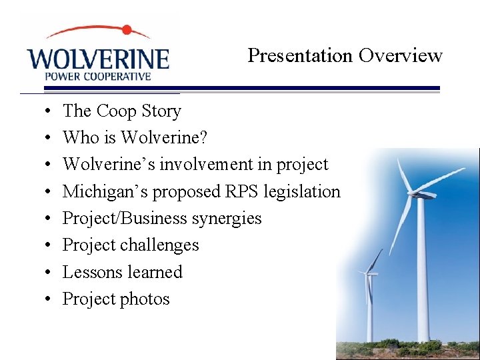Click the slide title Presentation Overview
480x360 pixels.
pos(345,55)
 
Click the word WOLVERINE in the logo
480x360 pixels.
pos(98,58)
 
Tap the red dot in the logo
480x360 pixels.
pos(127,30)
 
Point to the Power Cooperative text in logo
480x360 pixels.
pos(97,76)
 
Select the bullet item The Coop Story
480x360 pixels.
pos(121,111)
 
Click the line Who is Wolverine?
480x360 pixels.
pos(135,137)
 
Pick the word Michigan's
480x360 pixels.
pos(105,191)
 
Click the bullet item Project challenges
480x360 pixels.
pos(131,245)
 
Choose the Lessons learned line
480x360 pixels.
pos(122,272)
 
